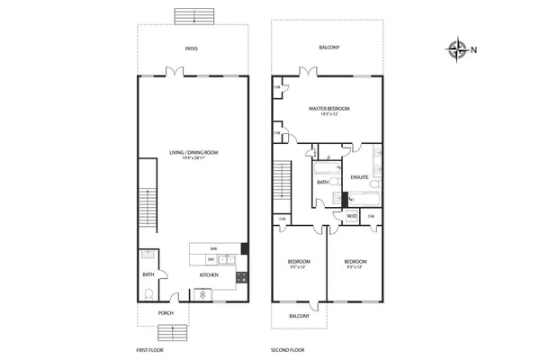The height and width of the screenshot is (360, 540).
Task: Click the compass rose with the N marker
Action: [x=459, y=49]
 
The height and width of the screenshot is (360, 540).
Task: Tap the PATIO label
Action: [x=192, y=49]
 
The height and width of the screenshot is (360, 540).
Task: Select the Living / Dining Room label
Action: [x=193, y=155]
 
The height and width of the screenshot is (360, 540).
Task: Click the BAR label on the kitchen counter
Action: [x=214, y=248]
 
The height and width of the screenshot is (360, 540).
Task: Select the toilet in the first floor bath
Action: [x=148, y=292]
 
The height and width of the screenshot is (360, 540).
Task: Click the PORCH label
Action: [x=166, y=313]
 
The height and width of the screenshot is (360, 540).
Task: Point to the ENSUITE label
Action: [x=358, y=177]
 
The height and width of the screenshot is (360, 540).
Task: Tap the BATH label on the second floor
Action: [x=321, y=183]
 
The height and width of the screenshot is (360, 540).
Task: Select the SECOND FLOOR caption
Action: [x=289, y=348]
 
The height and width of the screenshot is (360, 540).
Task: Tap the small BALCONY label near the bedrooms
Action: [x=299, y=316]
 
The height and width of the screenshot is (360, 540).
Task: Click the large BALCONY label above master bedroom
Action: [x=329, y=49]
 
